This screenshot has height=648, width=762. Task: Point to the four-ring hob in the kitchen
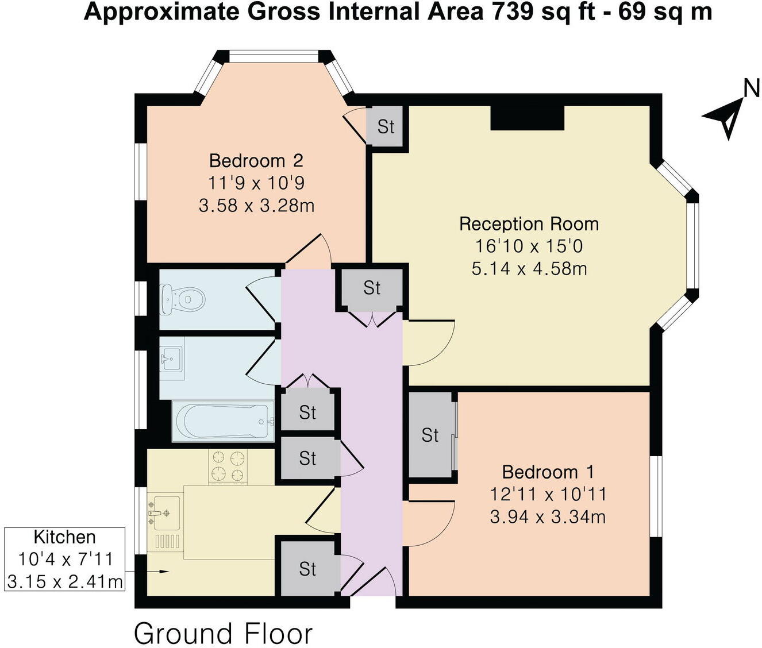pyautogui.click(x=228, y=466)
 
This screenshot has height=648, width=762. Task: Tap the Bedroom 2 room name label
pyautogui.click(x=256, y=160)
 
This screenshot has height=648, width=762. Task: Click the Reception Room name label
pyautogui.click(x=529, y=223)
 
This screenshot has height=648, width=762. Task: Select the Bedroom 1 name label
pyautogui.click(x=548, y=472)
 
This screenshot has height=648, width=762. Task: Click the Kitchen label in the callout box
pyautogui.click(x=64, y=537)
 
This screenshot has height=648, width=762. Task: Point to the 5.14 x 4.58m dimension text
pyautogui.click(x=529, y=268)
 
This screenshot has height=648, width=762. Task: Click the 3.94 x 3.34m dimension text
pyautogui.click(x=548, y=517)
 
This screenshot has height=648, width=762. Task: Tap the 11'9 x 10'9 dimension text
pyautogui.click(x=256, y=183)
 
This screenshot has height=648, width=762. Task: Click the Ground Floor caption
pyautogui.click(x=223, y=634)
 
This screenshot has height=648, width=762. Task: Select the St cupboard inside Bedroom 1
pyautogui.click(x=430, y=435)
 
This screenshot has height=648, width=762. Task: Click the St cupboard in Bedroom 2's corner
pyautogui.click(x=386, y=126)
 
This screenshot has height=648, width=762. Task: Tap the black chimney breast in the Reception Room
pyautogui.click(x=527, y=118)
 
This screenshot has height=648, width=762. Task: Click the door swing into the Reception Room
pyautogui.click(x=428, y=343)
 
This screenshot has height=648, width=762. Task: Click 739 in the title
pyautogui.click(x=510, y=11)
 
